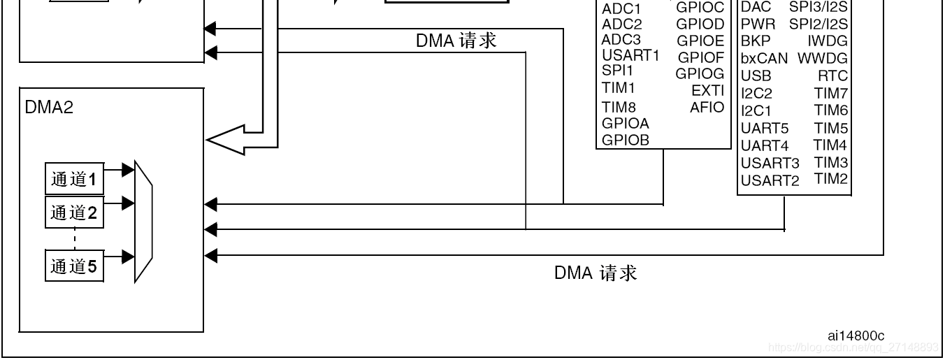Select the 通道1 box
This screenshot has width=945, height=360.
[74, 180]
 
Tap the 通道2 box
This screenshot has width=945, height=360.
[74, 213]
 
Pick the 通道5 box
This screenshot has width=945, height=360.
[74, 266]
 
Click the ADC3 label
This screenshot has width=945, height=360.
[621, 39]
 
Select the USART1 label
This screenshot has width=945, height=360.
[630, 55]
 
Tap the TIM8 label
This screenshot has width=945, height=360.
[619, 107]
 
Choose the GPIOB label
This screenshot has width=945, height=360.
[626, 139]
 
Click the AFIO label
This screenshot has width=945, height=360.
[707, 108]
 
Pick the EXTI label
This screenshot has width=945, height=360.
[707, 90]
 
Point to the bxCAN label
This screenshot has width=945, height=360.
[764, 58]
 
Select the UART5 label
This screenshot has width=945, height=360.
[765, 129]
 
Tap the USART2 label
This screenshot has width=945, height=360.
[770, 181]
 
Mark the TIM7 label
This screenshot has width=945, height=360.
[830, 93]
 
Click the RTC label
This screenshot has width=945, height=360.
[832, 75]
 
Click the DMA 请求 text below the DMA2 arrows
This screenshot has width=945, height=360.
[596, 273]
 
